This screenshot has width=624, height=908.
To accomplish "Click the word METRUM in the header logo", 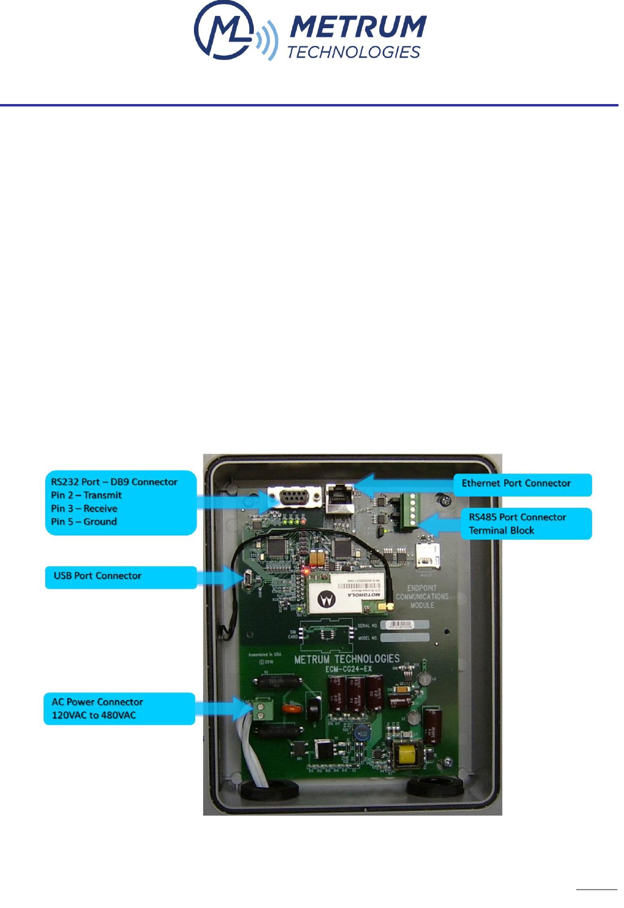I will pyautogui.click(x=357, y=28).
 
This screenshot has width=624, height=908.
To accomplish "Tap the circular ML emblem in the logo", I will pyautogui.click(x=223, y=31).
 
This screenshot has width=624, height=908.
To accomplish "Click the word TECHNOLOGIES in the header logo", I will pyautogui.click(x=354, y=53).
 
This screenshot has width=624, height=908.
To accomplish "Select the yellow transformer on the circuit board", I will pyautogui.click(x=406, y=755).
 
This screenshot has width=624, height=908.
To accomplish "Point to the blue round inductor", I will pyautogui.click(x=363, y=732).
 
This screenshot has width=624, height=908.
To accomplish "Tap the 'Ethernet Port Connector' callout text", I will pyautogui.click(x=516, y=483).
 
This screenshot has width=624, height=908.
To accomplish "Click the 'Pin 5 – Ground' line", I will pyautogui.click(x=84, y=522).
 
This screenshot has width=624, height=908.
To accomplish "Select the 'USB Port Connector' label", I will pyautogui.click(x=97, y=576).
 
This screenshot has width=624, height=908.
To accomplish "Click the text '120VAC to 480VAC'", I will pyautogui.click(x=94, y=715).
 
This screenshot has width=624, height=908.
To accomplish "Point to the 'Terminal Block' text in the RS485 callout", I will pyautogui.click(x=501, y=530).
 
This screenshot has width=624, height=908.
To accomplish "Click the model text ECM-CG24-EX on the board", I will pyautogui.click(x=348, y=669).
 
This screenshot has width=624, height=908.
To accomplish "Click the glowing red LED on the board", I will pyautogui.click(x=305, y=570).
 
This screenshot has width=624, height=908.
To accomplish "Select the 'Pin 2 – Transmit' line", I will pyautogui.click(x=86, y=495).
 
